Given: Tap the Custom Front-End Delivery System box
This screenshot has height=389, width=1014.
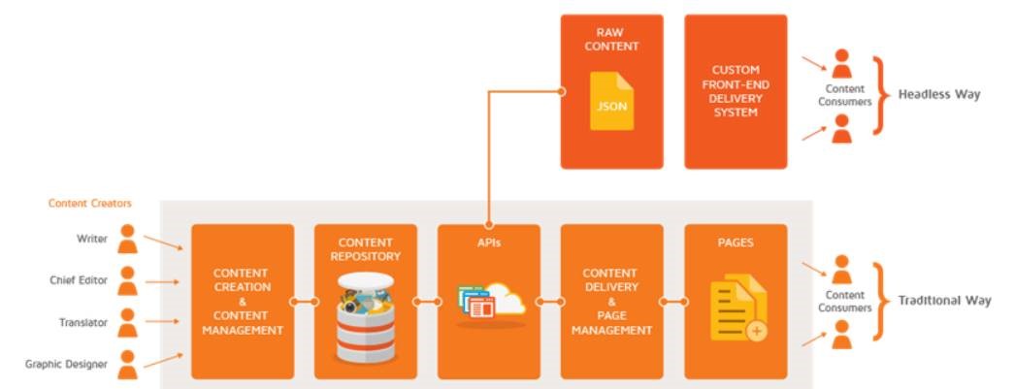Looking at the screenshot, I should click(735, 91).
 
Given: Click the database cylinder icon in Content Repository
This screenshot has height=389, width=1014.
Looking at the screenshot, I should click(365, 314).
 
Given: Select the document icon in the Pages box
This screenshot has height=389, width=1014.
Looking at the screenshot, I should click(737, 308).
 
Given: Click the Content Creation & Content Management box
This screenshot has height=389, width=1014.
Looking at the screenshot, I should click(243, 301).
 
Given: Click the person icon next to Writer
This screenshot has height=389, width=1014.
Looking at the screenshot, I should click(127, 239).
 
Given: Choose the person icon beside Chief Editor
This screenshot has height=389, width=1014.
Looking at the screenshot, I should click(127, 280).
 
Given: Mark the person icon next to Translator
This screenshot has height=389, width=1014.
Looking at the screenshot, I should click(127, 322).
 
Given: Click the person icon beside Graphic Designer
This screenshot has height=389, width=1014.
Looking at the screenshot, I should click(127, 364).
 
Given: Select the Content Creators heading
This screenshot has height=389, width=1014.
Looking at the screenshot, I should click(90, 204).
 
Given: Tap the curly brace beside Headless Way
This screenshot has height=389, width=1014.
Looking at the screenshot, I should click(880, 95).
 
